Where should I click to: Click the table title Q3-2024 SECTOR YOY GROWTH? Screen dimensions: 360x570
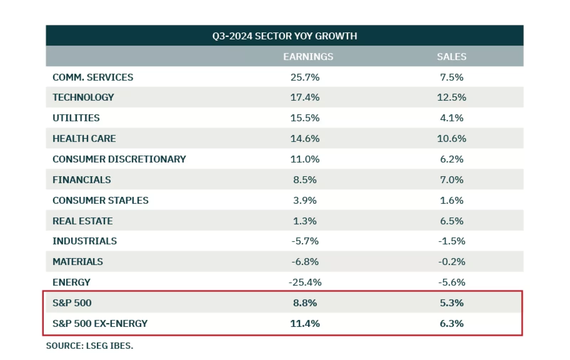(284, 36)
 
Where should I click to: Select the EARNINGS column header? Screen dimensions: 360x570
(308, 57)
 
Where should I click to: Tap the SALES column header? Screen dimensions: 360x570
(451, 57)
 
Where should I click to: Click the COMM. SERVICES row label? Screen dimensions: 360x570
(93, 77)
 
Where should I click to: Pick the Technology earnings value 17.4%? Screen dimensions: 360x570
(305, 97)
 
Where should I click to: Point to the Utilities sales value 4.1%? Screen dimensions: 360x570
(451, 118)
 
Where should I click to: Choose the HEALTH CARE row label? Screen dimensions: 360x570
(84, 139)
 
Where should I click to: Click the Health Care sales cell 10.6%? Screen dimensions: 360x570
(451, 139)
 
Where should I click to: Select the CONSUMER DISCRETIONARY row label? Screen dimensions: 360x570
(119, 159)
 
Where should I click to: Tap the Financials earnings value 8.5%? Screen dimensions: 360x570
(305, 180)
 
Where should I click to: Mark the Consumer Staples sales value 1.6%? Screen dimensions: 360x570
(451, 200)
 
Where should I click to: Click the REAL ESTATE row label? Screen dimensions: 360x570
(83, 221)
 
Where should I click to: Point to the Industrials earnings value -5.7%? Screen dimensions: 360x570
(305, 241)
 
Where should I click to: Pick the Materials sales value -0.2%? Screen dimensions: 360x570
(451, 262)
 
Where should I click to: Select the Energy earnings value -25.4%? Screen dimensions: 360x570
(305, 282)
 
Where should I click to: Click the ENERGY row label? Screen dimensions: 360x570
(71, 282)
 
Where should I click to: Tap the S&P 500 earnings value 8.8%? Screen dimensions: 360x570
(305, 303)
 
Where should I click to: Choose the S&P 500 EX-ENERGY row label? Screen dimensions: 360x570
(100, 324)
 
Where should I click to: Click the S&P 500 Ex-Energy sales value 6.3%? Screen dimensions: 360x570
(451, 324)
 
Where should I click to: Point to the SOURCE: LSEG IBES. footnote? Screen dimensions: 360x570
(89, 346)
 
